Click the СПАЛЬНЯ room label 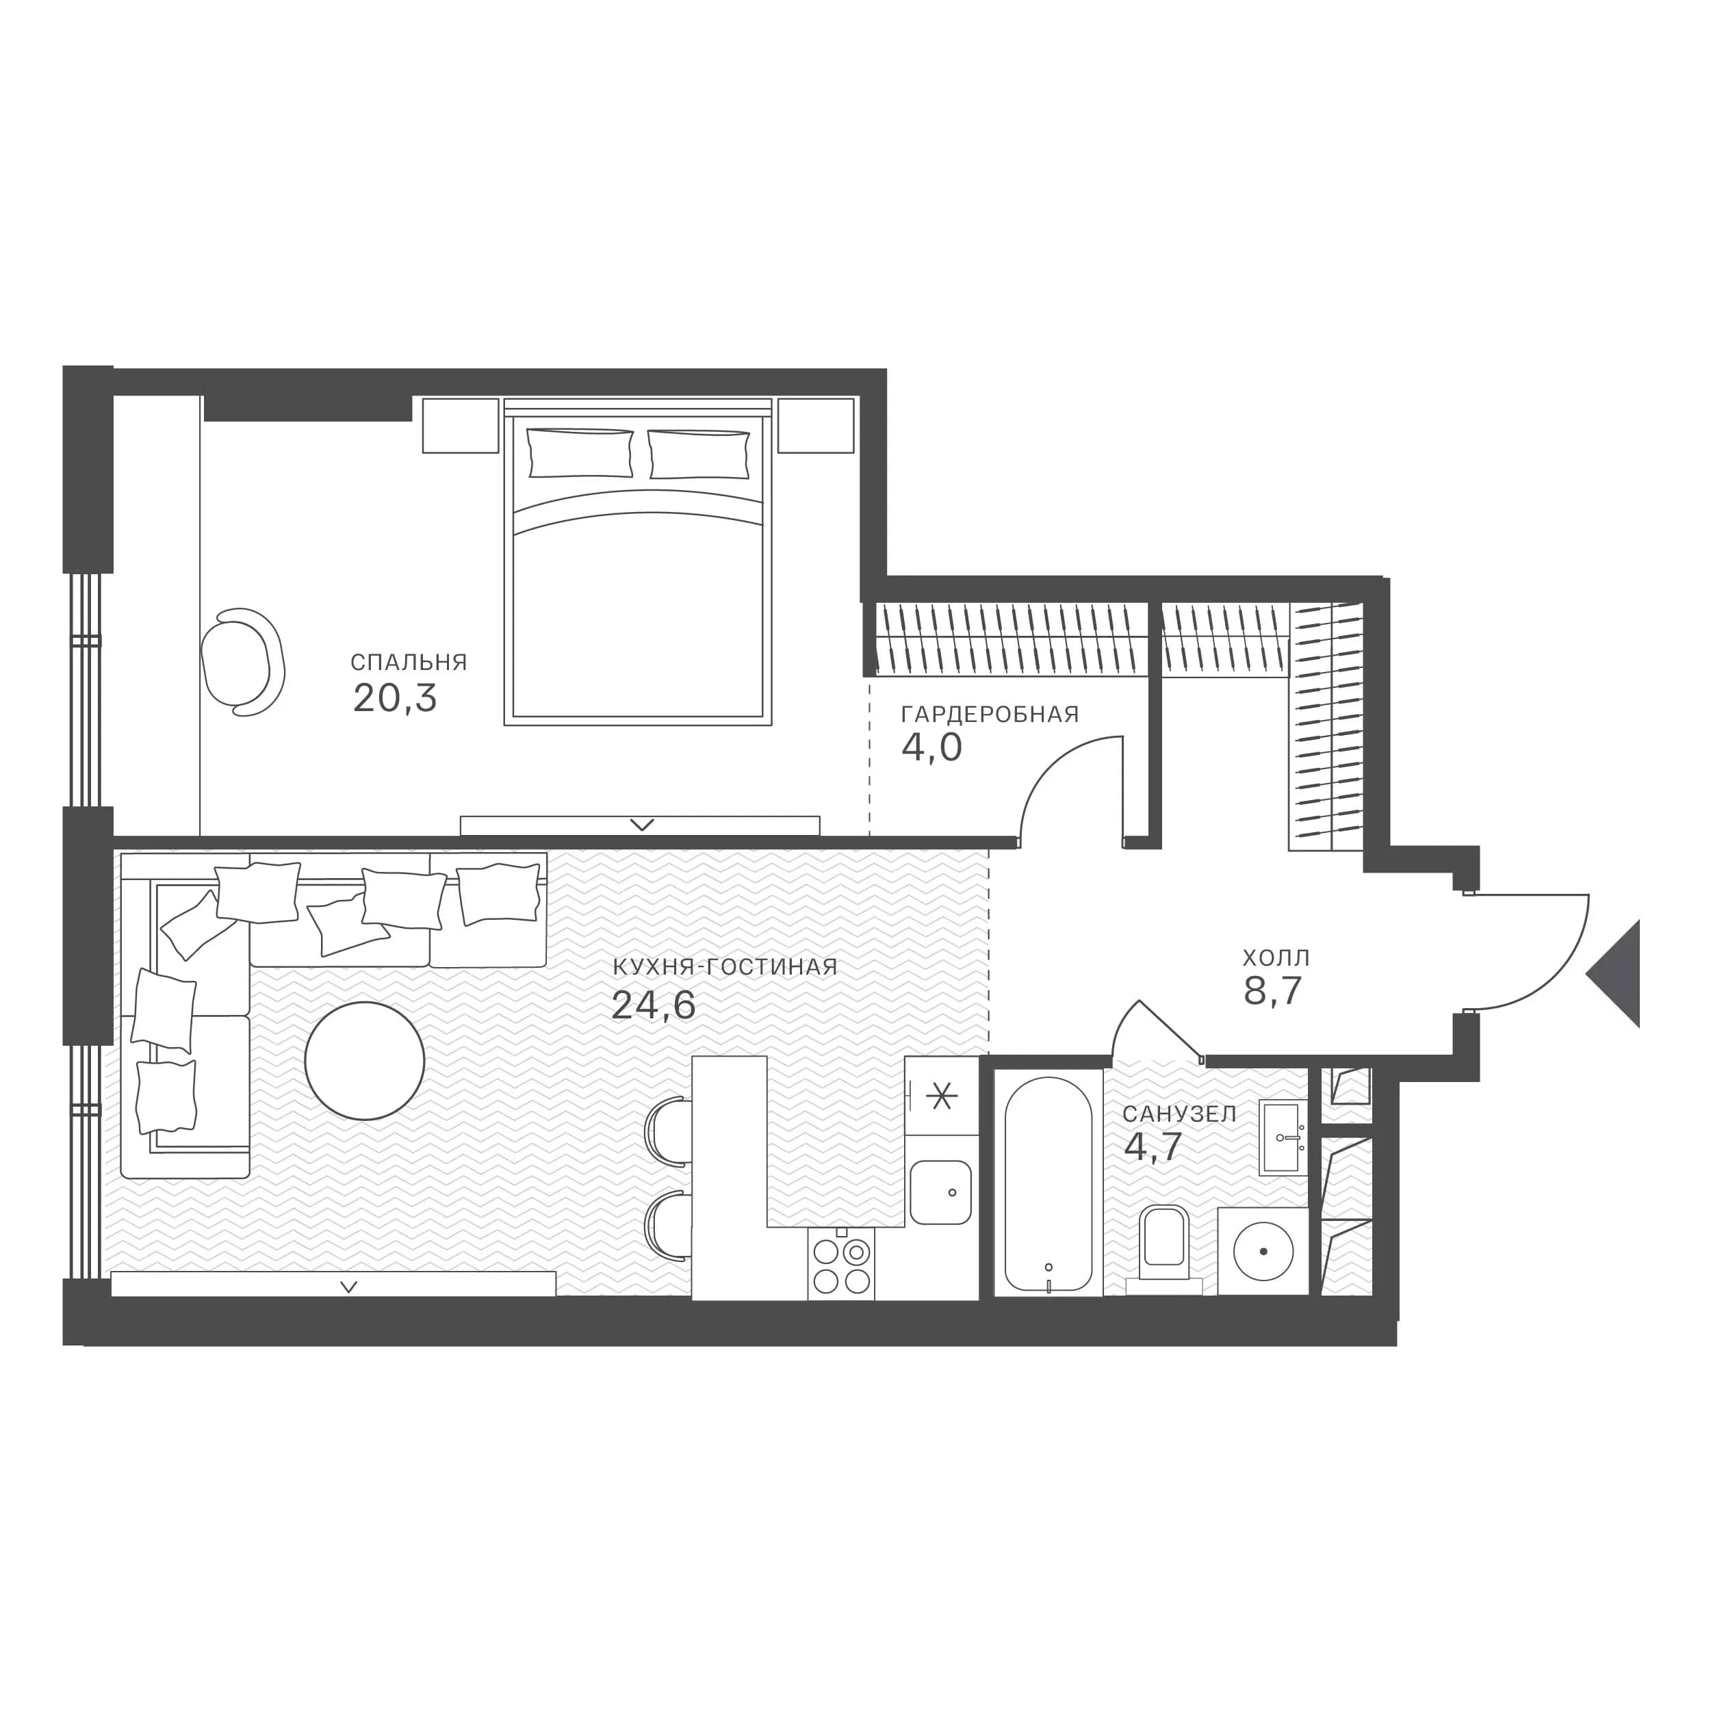click(x=409, y=662)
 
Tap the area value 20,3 click(x=395, y=699)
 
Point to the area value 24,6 click(x=654, y=1005)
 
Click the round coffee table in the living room click(x=364, y=1060)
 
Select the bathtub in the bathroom click(x=1048, y=1183)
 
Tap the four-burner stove click(x=841, y=1265)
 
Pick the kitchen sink click(x=940, y=1193)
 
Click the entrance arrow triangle click(x=1614, y=973)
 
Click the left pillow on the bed click(x=580, y=452)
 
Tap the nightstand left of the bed click(x=461, y=426)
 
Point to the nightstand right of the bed click(x=816, y=426)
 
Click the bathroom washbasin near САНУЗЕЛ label click(x=1283, y=1139)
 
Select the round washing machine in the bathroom click(x=1262, y=1251)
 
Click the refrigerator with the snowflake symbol click(x=942, y=1096)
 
